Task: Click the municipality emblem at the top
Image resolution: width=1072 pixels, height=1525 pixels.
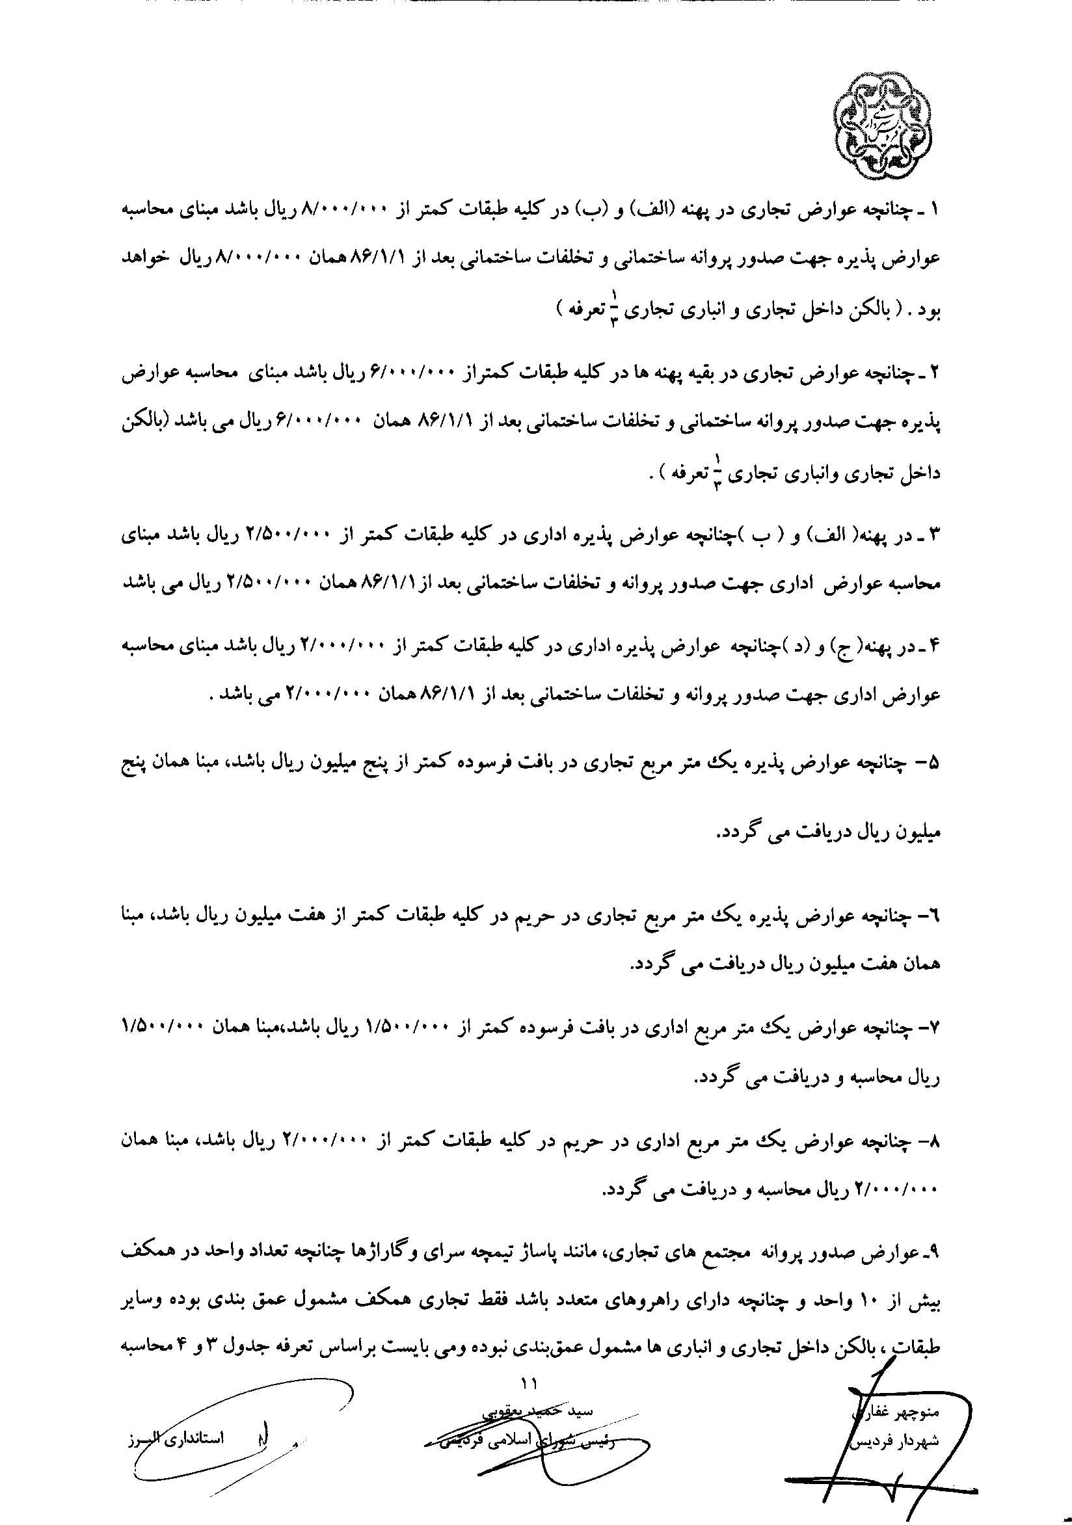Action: click(882, 127)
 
